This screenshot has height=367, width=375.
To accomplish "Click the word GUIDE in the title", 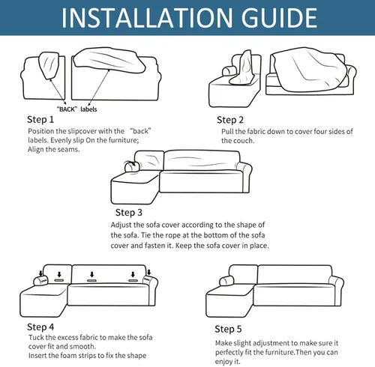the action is click(x=279, y=18).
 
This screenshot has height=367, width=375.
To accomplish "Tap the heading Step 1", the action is click(x=40, y=120).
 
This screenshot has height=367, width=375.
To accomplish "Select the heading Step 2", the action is click(x=230, y=120).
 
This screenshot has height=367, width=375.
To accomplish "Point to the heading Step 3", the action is click(x=129, y=213).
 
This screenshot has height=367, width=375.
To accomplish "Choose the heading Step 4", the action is click(x=40, y=327).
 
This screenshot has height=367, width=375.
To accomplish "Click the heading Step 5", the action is click(x=228, y=329).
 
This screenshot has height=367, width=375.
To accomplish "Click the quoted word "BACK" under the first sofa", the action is click(x=67, y=109).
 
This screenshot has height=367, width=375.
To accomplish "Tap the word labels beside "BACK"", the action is click(x=88, y=109).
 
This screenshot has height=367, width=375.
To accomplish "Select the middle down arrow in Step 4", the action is click(x=92, y=275).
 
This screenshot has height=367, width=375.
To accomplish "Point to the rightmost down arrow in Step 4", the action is click(x=148, y=272).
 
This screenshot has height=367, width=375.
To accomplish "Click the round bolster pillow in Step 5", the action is click(x=226, y=281).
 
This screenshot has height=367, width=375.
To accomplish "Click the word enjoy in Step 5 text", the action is click(x=223, y=362).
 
